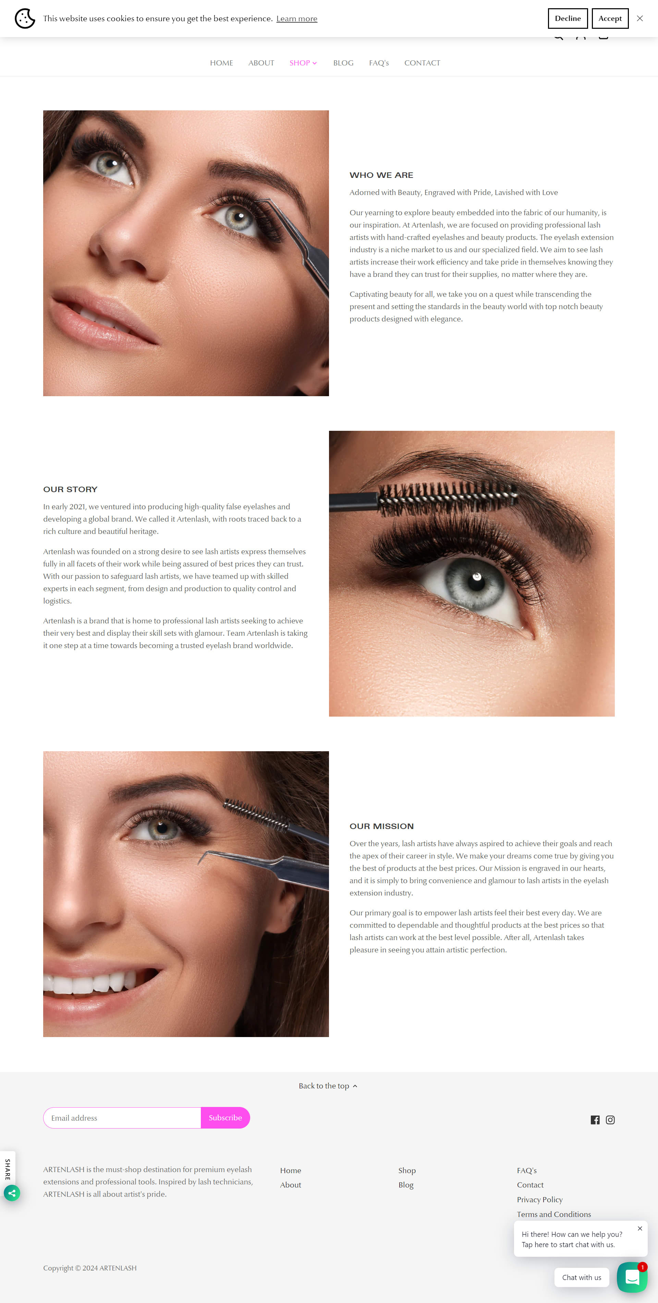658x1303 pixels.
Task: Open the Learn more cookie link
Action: (297, 19)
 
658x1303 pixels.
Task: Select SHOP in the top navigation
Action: (303, 63)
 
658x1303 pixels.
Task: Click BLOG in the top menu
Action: (343, 63)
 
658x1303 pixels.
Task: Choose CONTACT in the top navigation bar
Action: (422, 63)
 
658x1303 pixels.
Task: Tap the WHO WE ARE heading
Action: (381, 175)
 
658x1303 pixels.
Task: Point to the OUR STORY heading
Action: (70, 489)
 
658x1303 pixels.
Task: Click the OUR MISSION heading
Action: (382, 826)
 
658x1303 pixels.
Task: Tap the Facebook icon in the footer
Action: (595, 1120)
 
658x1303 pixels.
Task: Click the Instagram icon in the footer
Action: (610, 1120)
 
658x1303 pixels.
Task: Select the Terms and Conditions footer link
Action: (554, 1214)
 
